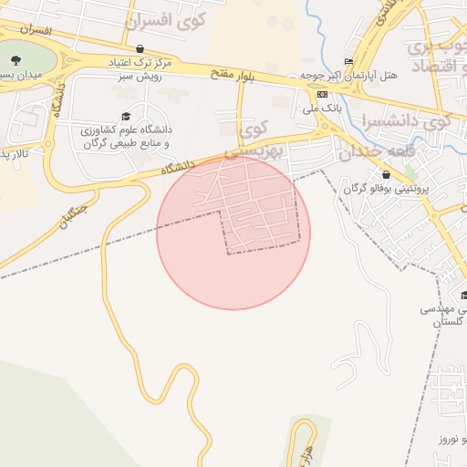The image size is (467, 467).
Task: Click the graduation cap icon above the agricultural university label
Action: [126, 117]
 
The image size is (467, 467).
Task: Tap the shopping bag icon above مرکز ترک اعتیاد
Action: [139, 49]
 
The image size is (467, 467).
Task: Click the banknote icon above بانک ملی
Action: [322, 94]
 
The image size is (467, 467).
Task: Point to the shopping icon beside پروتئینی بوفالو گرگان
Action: [387, 175]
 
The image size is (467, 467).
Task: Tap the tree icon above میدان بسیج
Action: [16, 60]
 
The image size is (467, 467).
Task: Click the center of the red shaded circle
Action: [233, 233]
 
